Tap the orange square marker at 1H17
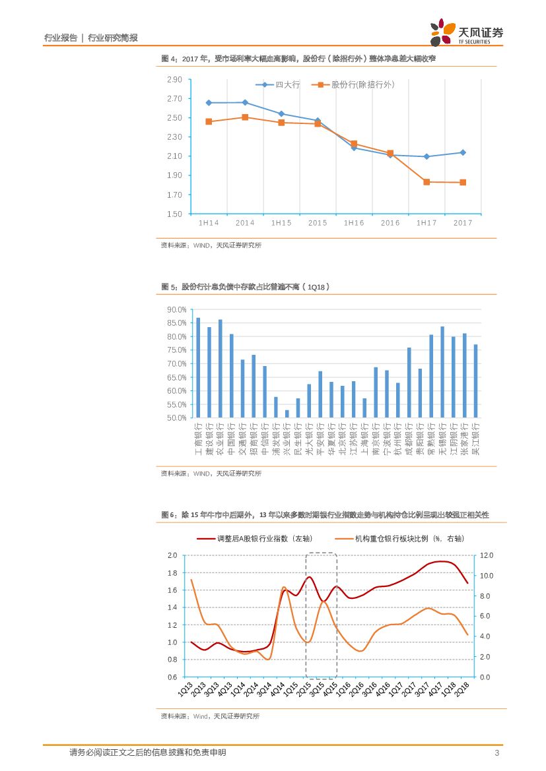(427, 182)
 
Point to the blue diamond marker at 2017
(463, 152)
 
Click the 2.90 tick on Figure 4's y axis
(174, 80)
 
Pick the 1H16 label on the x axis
(354, 223)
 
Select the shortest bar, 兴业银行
(287, 414)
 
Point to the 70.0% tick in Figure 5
(176, 363)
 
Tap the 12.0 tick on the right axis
(486, 556)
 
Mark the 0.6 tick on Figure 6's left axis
(172, 677)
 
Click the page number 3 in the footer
(496, 753)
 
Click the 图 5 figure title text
(246, 287)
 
